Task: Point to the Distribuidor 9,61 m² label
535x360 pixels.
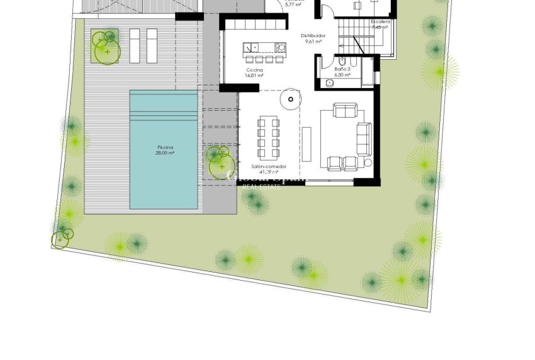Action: [x=313, y=38]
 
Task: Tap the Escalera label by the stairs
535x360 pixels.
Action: [x=380, y=24]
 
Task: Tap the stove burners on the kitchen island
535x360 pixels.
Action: [x=280, y=47]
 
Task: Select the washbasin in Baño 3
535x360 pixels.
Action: [x=329, y=82]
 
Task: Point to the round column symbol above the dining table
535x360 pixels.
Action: [x=291, y=98]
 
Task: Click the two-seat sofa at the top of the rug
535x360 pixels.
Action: [x=343, y=112]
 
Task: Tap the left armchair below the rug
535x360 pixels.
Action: [x=335, y=164]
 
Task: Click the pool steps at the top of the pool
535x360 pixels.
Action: [x=164, y=116]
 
